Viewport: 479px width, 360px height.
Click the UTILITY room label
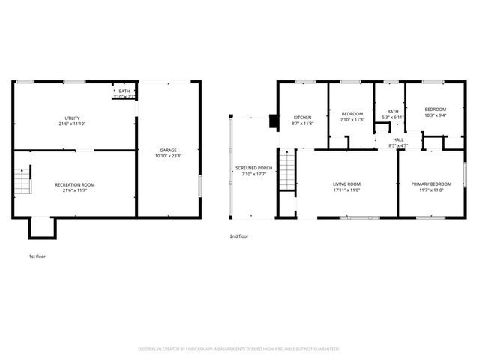[x=72, y=118]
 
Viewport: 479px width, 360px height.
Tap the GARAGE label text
[x=169, y=150]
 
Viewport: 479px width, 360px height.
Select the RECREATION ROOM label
[x=75, y=184]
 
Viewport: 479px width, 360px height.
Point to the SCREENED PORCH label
[x=253, y=168]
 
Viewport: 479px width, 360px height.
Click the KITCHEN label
[x=302, y=118]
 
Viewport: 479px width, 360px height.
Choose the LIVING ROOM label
[x=346, y=184]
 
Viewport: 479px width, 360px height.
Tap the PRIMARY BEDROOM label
[x=431, y=184]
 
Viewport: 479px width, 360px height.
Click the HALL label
[x=397, y=139]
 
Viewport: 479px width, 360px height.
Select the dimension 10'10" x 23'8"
[x=169, y=156]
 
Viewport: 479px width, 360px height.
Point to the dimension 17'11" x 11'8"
[x=346, y=190]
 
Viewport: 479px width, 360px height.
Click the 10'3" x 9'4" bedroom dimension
[x=435, y=115]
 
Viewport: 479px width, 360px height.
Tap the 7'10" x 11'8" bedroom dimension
[x=352, y=119]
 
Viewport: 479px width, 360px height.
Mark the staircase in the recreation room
[x=23, y=181]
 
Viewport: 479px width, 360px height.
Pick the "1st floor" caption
[x=37, y=256]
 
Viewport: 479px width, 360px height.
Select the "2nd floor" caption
[x=238, y=236]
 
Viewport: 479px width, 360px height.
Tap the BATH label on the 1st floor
[x=124, y=91]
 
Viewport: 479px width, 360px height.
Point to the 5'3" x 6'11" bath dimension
[x=393, y=117]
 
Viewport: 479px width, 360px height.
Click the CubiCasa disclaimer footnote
[x=239, y=349]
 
